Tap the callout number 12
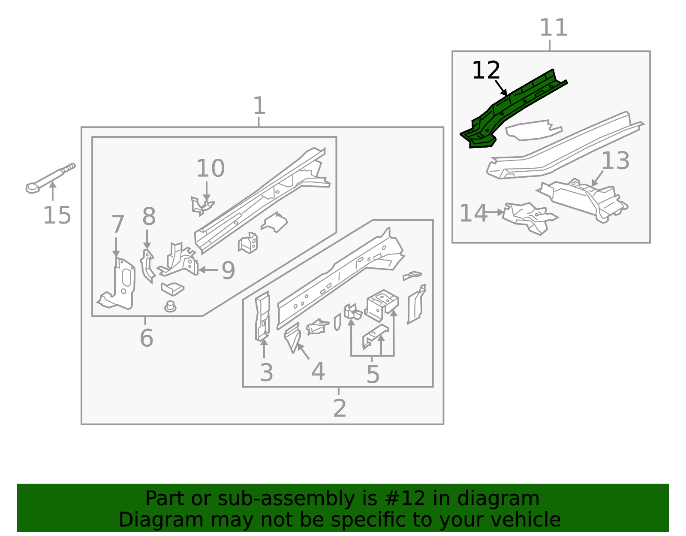486,71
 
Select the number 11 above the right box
553,28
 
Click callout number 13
615,161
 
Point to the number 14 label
473,213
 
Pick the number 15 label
57,215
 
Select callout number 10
210,168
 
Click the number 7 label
117,224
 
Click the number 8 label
149,217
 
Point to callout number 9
228,270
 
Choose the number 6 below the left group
146,338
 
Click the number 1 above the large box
259,106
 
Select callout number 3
266,372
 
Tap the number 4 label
318,371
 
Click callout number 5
373,375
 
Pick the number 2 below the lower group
339,408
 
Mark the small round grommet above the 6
170,306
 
